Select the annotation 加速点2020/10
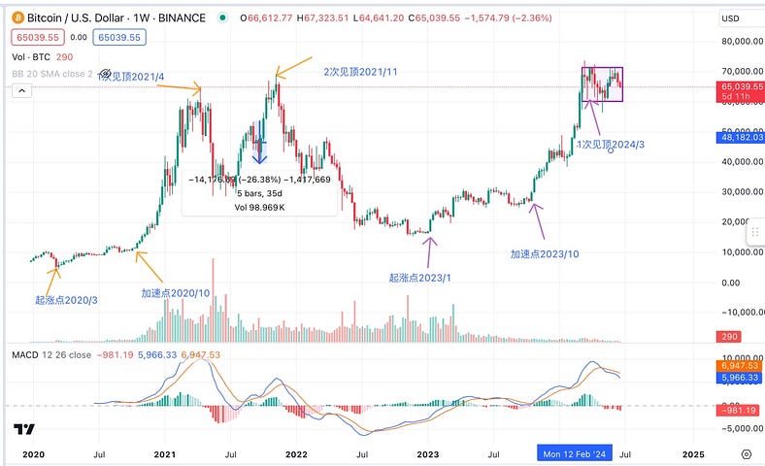point(175,292)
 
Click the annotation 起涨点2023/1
point(420,278)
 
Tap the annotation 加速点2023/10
point(547,254)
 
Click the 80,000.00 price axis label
point(741,42)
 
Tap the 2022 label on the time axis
point(296,453)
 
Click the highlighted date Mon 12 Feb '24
point(577,453)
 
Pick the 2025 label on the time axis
point(693,453)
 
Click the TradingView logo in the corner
point(24,429)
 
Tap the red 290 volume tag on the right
point(752,335)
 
